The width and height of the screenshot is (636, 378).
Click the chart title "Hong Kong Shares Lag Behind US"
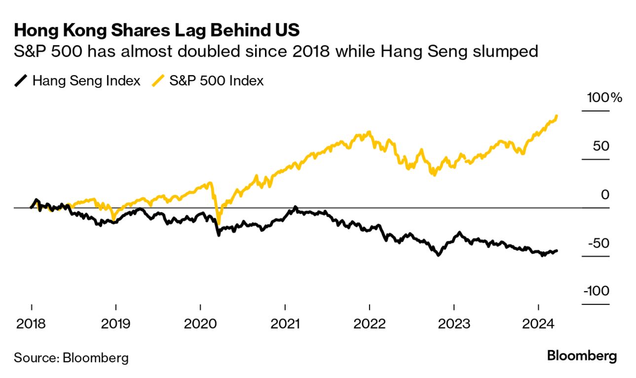156,31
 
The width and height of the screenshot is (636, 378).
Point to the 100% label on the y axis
604,98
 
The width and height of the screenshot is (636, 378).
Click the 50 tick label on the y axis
600,147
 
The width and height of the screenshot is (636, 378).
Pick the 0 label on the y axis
605,195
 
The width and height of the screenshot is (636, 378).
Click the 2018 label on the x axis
31,324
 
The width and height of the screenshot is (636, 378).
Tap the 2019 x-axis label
115,324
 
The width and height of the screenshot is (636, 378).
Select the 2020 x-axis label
200,324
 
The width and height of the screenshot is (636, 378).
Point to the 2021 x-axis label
285,324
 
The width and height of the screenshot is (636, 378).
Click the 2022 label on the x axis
370,324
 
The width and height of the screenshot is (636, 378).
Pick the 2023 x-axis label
454,324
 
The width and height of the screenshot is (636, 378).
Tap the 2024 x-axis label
539,324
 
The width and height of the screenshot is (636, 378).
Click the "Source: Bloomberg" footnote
71,357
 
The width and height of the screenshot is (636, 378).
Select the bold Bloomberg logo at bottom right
582,356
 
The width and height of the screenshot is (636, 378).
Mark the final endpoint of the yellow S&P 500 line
557,116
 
